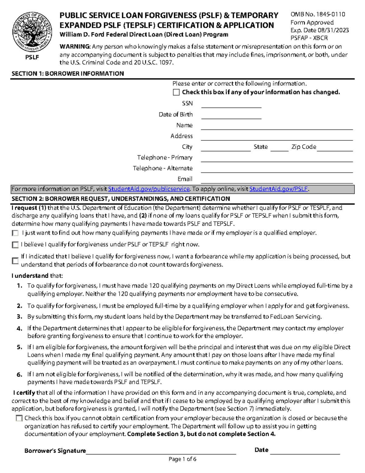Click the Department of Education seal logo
(x=32, y=32)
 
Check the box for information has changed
(x=176, y=92)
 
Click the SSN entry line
(x=231, y=105)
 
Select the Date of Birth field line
(x=231, y=116)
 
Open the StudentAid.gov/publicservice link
(x=149, y=189)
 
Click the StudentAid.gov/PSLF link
(x=279, y=189)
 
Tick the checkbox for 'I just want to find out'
(x=15, y=233)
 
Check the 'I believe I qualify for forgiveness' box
(x=15, y=245)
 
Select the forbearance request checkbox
(x=15, y=261)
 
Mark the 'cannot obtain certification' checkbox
(x=19, y=418)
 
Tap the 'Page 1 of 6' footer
(x=182, y=459)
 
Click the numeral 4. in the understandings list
(x=19, y=329)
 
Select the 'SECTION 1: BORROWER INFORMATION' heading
(x=68, y=74)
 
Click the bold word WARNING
(x=75, y=47)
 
